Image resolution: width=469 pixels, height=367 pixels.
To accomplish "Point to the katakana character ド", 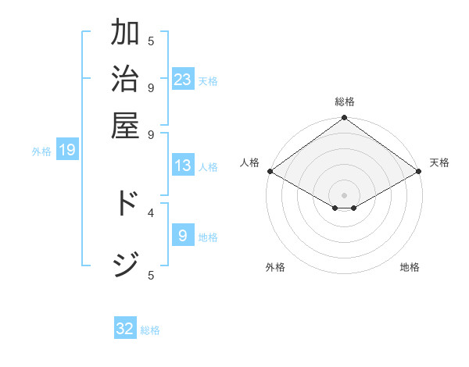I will tap(125, 202).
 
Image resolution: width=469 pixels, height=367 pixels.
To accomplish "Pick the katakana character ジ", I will tap(125, 264).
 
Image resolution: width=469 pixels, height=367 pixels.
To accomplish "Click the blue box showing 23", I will tap(183, 80).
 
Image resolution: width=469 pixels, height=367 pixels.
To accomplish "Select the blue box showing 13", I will tap(183, 166).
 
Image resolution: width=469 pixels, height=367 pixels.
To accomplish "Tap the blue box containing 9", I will tap(183, 236).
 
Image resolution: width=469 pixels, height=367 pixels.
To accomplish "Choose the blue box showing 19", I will tap(66, 151).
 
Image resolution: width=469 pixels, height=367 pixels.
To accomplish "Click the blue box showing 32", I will tap(125, 329).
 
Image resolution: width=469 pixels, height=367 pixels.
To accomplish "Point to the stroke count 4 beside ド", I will tap(151, 212).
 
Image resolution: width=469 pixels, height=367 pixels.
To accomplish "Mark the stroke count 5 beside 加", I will tap(151, 41).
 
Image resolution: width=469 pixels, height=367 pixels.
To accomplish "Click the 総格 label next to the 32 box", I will tap(150, 330).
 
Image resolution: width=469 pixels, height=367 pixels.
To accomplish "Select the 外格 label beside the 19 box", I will tap(41, 151).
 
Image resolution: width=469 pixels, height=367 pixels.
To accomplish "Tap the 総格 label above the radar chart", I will tap(345, 102).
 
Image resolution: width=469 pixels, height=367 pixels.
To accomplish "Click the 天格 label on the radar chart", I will tap(439, 162).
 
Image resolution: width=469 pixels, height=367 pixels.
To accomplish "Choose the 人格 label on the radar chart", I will tap(249, 162).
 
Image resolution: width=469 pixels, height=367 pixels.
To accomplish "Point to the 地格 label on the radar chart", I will tap(410, 267).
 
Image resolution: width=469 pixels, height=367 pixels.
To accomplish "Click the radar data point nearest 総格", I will tap(345, 119).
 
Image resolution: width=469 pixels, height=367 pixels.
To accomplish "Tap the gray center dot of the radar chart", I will tap(345, 194).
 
